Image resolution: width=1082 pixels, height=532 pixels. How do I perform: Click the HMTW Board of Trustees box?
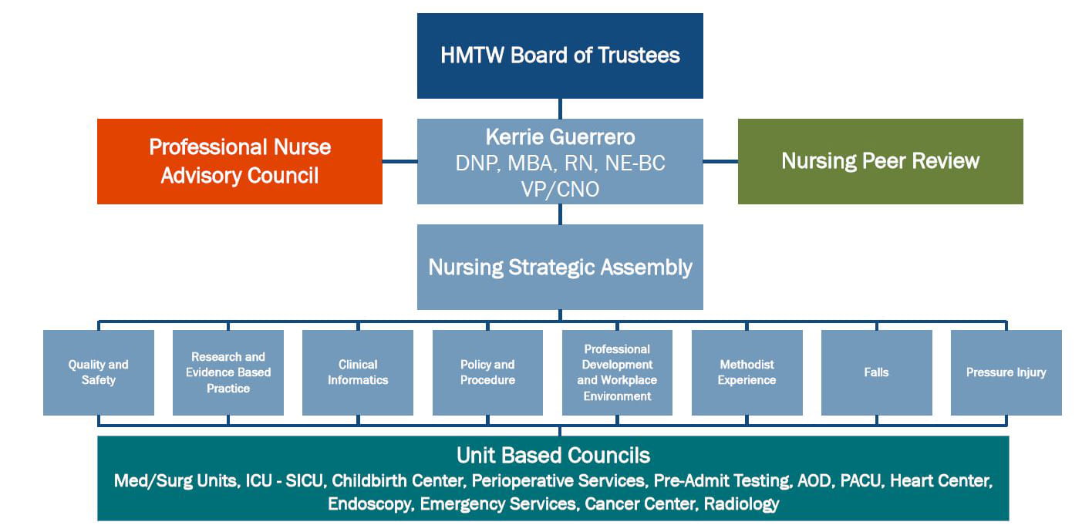tap(560, 56)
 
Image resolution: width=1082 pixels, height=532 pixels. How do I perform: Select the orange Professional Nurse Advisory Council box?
tap(240, 161)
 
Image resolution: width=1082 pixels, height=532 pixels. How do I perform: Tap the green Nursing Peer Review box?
tap(880, 161)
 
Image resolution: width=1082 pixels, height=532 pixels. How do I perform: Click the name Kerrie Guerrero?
tap(560, 137)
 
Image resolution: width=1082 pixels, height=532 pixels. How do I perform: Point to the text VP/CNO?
tap(560, 189)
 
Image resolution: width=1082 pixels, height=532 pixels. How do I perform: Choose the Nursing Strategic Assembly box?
tap(560, 267)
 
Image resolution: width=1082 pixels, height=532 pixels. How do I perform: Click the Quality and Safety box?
tap(99, 372)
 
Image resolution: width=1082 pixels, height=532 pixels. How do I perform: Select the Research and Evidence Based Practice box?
tap(228, 372)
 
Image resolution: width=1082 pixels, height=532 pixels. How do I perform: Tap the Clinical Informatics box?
tap(358, 372)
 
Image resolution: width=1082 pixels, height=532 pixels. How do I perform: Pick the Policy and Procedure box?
tap(487, 372)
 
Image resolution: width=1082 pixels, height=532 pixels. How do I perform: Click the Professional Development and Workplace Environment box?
tap(617, 372)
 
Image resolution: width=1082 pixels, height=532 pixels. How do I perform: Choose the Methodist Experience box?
tap(747, 372)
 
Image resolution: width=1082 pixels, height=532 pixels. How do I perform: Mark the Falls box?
tap(876, 372)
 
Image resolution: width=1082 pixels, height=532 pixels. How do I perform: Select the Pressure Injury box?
tap(1006, 372)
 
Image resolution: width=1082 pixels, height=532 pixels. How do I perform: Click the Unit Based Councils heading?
tap(553, 455)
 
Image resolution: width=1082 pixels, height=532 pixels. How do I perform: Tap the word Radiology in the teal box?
tap(741, 504)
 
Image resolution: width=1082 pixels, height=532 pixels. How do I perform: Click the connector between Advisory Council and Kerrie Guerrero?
tap(399, 161)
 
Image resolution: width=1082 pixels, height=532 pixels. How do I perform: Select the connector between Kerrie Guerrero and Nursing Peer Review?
tap(720, 161)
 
